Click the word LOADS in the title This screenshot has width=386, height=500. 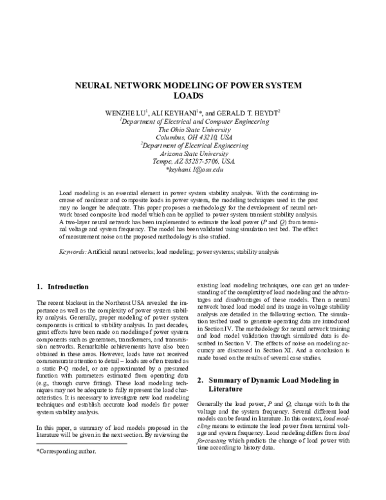(x=193, y=96)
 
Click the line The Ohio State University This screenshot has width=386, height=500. (x=193, y=129)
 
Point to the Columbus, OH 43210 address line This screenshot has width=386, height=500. (x=193, y=137)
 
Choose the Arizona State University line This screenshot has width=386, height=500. (x=193, y=155)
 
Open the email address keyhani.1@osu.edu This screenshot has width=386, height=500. (x=194, y=171)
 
